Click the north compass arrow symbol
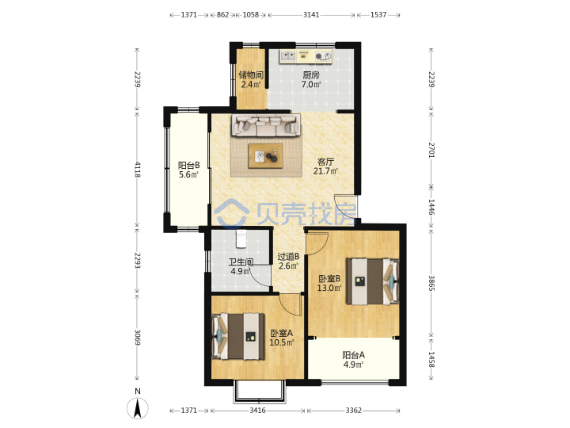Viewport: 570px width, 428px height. point(138,408)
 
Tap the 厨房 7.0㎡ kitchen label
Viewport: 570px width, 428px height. point(311,80)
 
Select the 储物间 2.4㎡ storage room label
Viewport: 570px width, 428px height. point(251,80)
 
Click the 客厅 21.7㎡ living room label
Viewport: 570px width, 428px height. point(325,166)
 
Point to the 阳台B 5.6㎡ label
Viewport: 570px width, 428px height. point(188,170)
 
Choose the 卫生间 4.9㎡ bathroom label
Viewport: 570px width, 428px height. point(241,266)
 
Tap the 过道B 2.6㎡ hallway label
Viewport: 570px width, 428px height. point(288,262)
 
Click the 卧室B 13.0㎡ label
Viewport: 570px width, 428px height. point(329,284)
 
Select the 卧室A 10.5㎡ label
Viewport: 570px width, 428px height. point(281,338)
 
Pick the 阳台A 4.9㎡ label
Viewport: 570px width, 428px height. point(353,360)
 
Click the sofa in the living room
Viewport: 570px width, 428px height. point(267,125)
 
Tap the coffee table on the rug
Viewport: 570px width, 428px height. point(265,156)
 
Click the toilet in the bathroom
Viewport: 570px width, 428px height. point(241,239)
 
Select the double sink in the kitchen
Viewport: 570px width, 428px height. point(290,56)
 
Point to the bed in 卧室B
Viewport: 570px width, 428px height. point(372,281)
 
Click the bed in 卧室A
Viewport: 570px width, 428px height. point(238,336)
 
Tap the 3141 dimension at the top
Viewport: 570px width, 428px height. point(311,15)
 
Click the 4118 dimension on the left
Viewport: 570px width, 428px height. point(138,170)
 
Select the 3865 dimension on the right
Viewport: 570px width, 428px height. point(431,283)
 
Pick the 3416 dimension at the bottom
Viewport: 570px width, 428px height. point(257,411)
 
